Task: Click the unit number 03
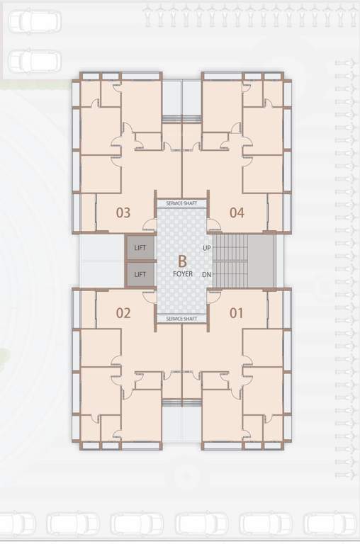click(x=123, y=212)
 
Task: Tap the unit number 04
click(x=237, y=212)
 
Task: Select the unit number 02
click(x=123, y=312)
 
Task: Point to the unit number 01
click(x=237, y=312)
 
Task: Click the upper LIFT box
click(x=140, y=248)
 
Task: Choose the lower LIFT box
click(x=140, y=274)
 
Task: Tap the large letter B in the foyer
click(x=182, y=261)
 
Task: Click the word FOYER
click(x=182, y=274)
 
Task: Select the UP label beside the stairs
click(x=206, y=248)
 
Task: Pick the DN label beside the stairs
click(x=206, y=274)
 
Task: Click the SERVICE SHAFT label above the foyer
click(x=182, y=203)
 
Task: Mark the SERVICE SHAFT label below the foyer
click(x=182, y=319)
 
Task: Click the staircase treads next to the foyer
click(x=232, y=261)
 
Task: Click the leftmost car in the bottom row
click(x=16, y=524)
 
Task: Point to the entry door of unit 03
click(x=149, y=226)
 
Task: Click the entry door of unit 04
click(x=214, y=226)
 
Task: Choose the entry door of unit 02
click(x=149, y=296)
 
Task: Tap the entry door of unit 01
click(x=214, y=296)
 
